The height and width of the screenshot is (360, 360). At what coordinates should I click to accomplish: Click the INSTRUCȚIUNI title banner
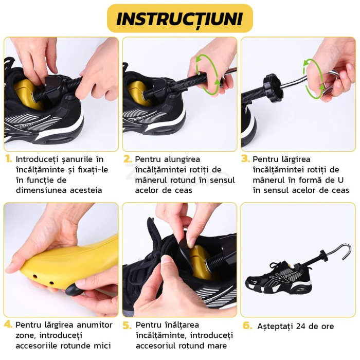coord(179,19)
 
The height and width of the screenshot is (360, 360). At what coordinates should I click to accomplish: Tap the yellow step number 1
coord(8,159)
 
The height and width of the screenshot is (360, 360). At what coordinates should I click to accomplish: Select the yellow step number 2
coord(128,159)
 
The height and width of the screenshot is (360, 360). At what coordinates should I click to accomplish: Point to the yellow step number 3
coord(246,159)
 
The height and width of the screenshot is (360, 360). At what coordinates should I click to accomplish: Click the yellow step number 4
coord(8,325)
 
